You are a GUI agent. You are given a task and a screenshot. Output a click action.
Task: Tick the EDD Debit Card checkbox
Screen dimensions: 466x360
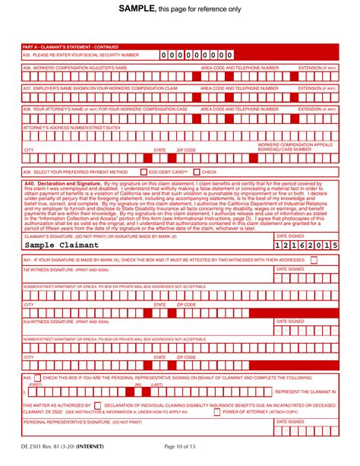[144, 172]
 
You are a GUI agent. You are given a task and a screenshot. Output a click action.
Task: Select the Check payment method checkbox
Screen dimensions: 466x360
[196, 172]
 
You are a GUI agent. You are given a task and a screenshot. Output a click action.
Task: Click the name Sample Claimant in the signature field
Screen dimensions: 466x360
[62, 246]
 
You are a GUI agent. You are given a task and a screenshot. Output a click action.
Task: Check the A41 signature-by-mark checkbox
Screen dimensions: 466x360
[314, 260]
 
